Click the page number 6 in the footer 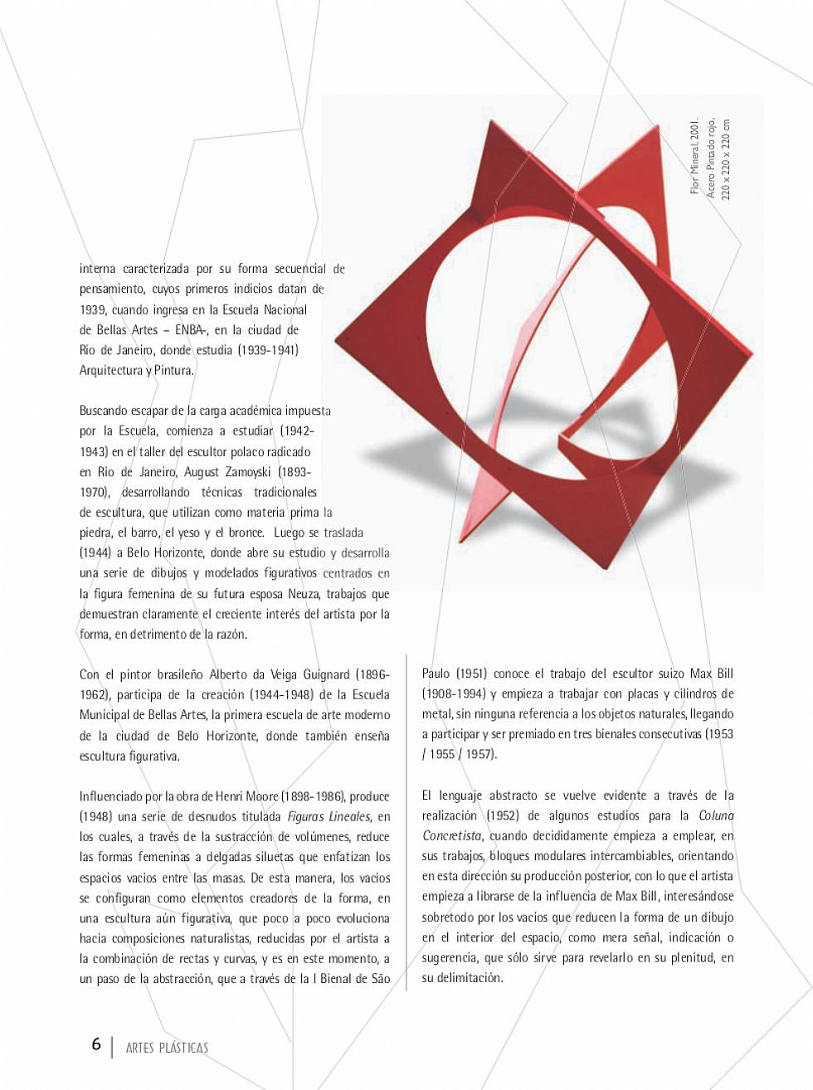pyautogui.click(x=96, y=1044)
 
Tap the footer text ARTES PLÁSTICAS pyautogui.click(x=167, y=1047)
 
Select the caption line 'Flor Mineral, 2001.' pyautogui.click(x=694, y=157)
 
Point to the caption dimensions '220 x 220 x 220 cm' pyautogui.click(x=727, y=157)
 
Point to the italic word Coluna pyautogui.click(x=716, y=815)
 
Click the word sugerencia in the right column pyautogui.click(x=448, y=958)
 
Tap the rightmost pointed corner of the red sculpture pyautogui.click(x=752, y=358)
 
